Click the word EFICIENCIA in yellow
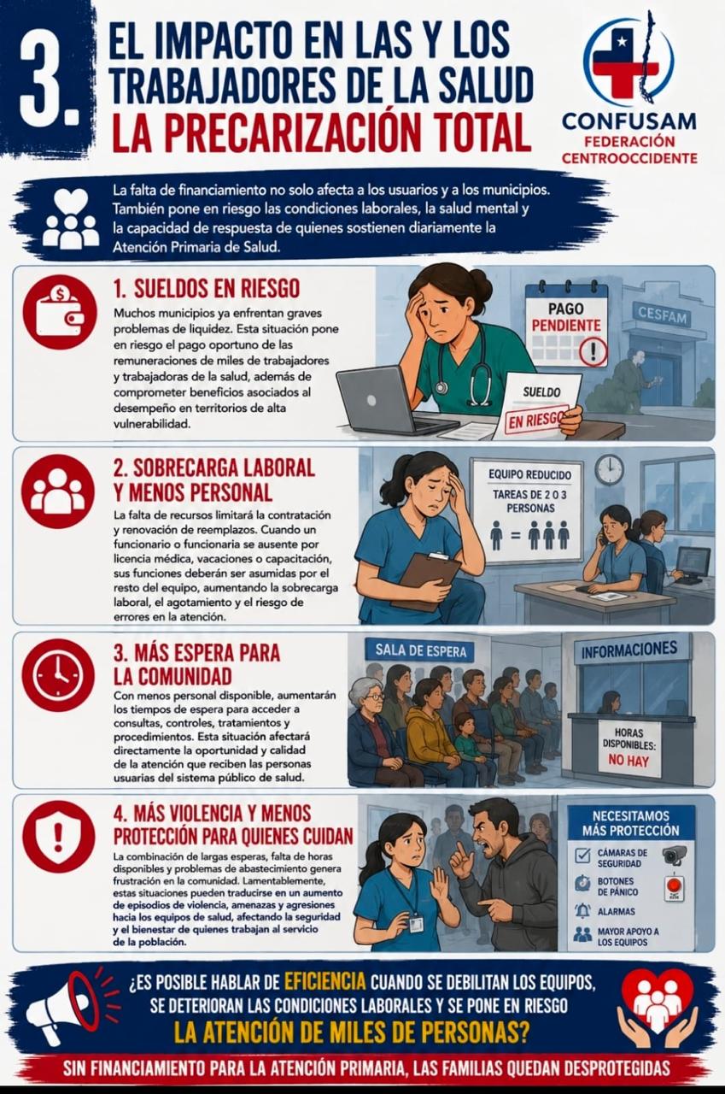click(325, 980)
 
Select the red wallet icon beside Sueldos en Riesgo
click(60, 312)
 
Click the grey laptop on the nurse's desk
click(385, 401)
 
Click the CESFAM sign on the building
click(662, 314)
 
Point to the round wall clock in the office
click(610, 469)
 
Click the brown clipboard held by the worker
click(425, 580)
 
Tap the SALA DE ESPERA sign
click(420, 650)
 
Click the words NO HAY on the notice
click(629, 760)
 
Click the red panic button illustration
click(675, 887)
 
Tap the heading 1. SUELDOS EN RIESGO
click(207, 289)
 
